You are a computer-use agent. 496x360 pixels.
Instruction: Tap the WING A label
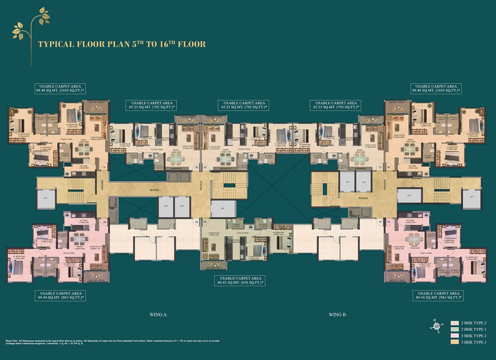pyautogui.click(x=158, y=315)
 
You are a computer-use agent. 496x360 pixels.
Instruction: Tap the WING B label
pyautogui.click(x=337, y=315)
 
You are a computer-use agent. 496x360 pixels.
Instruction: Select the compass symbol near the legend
pyautogui.click(x=436, y=326)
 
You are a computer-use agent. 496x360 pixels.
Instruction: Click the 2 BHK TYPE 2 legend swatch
pyautogui.click(x=455, y=323)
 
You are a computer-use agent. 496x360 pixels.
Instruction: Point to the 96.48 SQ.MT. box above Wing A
pyautogui.click(x=60, y=89)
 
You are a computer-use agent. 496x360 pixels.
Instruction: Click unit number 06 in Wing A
pyautogui.click(x=105, y=222)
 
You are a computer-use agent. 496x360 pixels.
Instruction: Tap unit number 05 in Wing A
pyautogui.click(x=197, y=222)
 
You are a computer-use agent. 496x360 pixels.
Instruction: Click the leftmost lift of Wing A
pyautogui.click(x=46, y=198)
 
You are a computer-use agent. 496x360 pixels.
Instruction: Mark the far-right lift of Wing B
pyautogui.click(x=472, y=197)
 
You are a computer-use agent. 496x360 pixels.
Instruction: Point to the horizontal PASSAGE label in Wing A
pyautogui.click(x=154, y=190)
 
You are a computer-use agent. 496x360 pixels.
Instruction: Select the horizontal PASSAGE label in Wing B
pyautogui.click(x=363, y=198)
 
